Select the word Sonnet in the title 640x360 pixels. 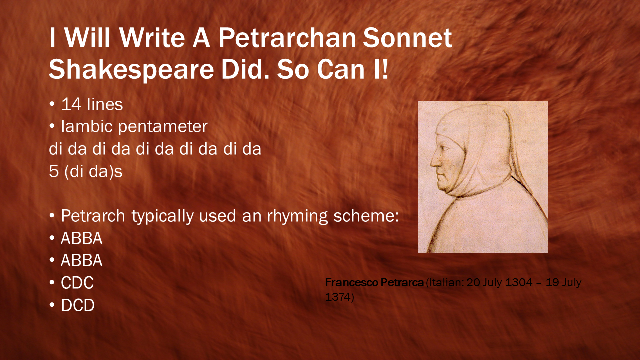407,38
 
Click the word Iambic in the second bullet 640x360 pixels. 87,126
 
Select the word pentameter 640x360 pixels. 163,127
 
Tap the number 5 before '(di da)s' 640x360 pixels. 53,171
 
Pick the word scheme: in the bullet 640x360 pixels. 366,216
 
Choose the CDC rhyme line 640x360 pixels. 77,283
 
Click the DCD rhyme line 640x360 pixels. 77,305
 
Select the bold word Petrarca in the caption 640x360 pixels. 402,283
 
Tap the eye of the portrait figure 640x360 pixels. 445,148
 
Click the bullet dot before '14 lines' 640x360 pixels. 52,104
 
